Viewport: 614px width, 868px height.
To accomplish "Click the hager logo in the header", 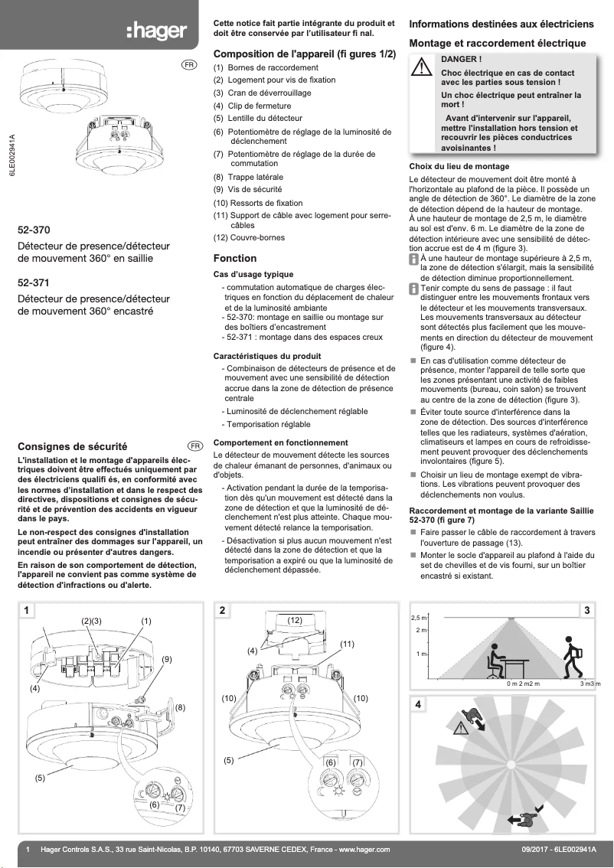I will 156,31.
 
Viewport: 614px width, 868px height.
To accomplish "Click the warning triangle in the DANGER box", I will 421,68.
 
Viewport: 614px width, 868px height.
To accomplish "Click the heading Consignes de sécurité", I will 72,446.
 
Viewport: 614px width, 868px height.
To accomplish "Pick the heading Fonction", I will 234,259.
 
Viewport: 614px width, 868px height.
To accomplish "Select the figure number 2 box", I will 222,610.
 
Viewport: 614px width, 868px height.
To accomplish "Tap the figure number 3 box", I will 586,610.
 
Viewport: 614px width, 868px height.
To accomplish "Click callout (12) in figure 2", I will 296,618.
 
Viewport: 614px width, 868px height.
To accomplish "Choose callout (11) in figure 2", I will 347,644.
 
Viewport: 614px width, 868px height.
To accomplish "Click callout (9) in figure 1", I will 166,659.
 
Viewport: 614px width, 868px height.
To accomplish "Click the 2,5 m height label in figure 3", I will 419,618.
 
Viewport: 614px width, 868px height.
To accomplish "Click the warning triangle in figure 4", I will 460,728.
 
